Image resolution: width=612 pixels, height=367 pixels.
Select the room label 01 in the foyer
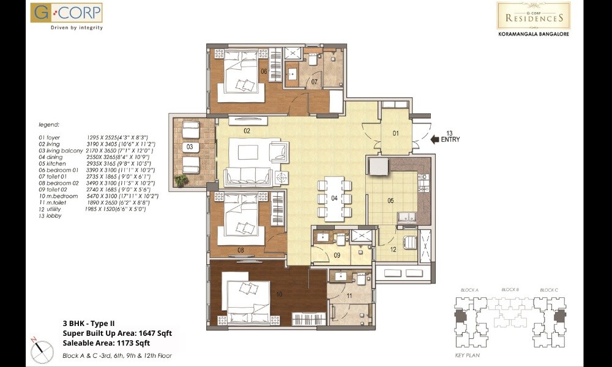pyautogui.click(x=395, y=133)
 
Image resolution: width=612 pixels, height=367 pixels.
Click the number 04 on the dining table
pyautogui.click(x=334, y=198)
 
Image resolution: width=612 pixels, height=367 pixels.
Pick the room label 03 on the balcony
pyautogui.click(x=190, y=147)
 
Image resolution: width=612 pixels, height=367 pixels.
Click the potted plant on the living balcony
pyautogui.click(x=181, y=180)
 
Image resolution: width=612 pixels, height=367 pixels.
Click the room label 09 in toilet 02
pyautogui.click(x=337, y=255)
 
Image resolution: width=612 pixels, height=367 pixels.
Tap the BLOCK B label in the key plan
pyautogui.click(x=510, y=289)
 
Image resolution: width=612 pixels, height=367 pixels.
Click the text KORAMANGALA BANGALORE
pyautogui.click(x=533, y=34)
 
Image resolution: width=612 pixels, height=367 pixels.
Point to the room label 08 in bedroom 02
pyautogui.click(x=241, y=250)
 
